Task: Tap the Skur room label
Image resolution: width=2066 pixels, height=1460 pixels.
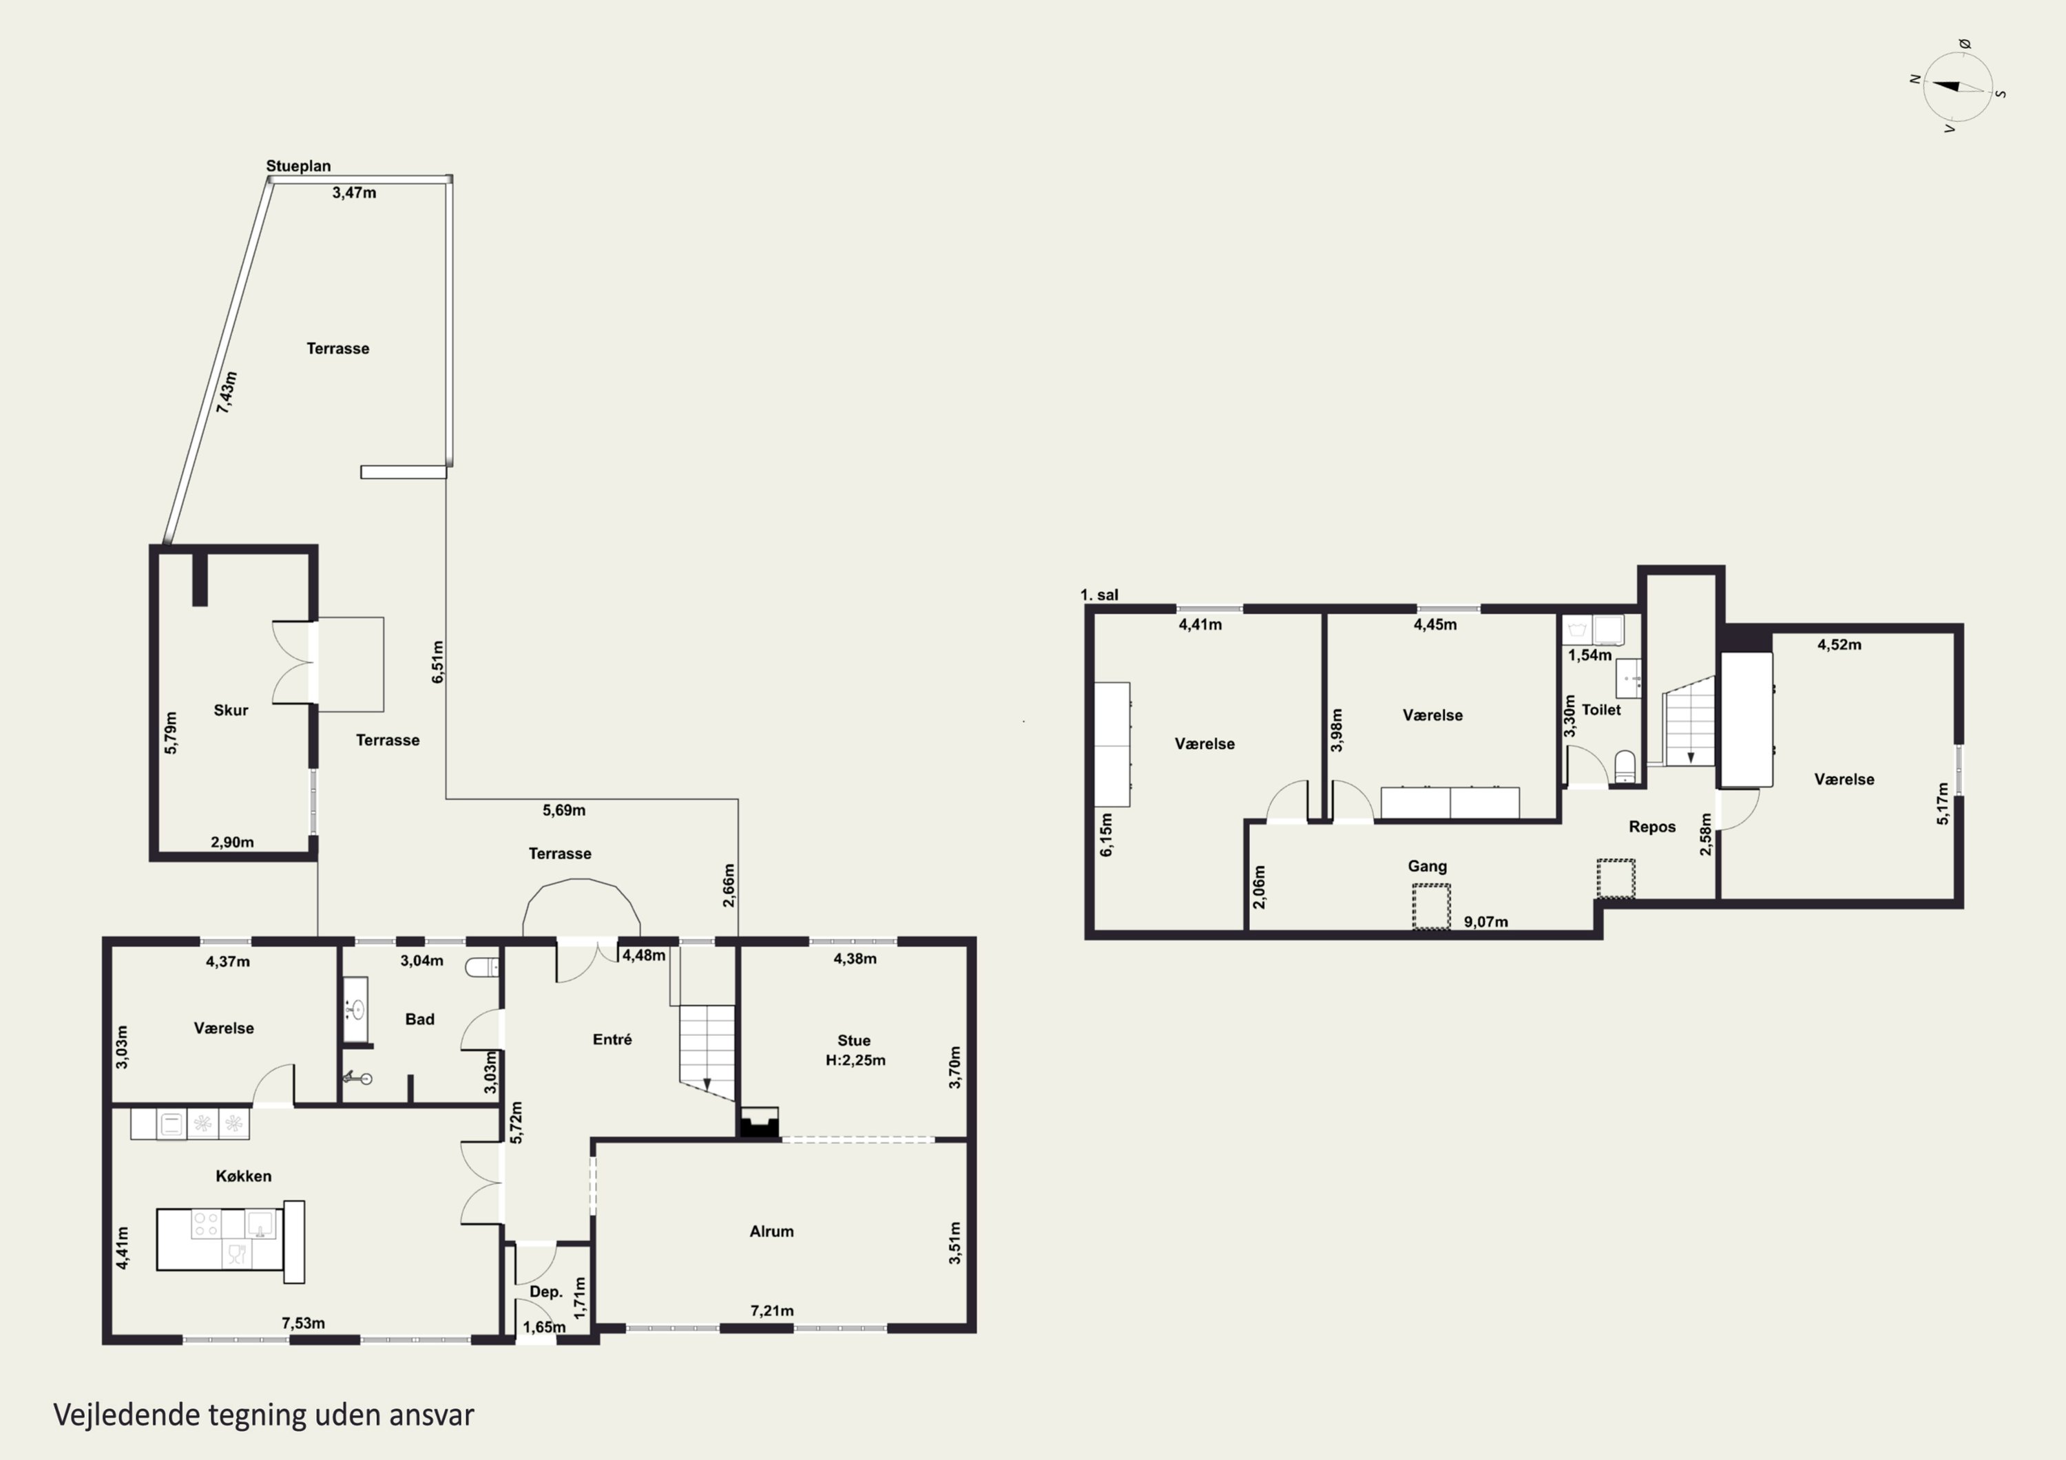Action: pos(230,710)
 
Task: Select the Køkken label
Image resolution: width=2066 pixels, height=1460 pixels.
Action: pos(243,1176)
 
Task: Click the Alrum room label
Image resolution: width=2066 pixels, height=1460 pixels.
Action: pos(771,1231)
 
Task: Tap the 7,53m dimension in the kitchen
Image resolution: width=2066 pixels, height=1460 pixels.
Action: pos(303,1323)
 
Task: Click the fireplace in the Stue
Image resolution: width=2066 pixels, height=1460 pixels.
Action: pos(758,1123)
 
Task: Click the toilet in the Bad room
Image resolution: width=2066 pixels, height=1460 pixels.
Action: pos(481,967)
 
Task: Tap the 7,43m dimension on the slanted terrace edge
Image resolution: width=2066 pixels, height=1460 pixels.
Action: pos(228,392)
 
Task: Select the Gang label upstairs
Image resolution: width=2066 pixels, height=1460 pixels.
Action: pos(1427,866)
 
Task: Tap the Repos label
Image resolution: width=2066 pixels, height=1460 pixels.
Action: pos(1652,827)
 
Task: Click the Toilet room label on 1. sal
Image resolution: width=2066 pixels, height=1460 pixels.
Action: pos(1600,710)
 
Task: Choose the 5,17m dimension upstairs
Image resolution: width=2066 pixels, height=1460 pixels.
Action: pos(1943,803)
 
